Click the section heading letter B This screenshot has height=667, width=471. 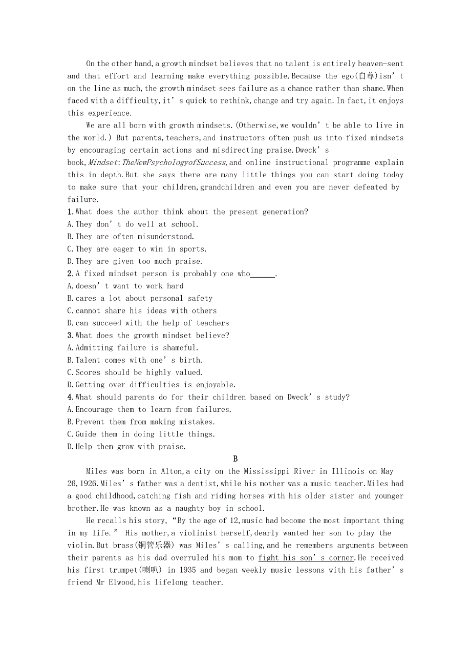(235, 459)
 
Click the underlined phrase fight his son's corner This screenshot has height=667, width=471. (306, 558)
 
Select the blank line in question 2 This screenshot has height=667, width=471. (263, 274)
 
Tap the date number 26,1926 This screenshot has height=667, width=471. (83, 484)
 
